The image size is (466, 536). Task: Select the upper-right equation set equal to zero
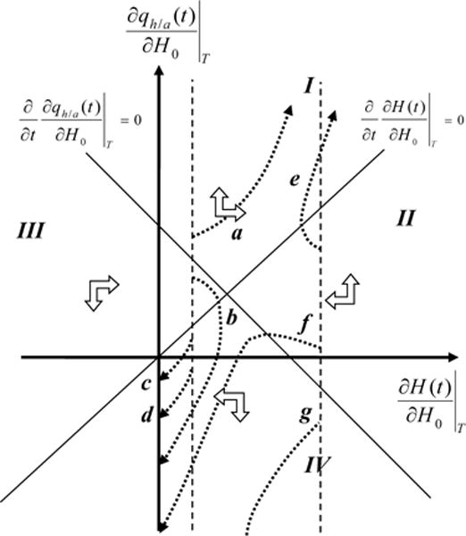pos(412,119)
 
